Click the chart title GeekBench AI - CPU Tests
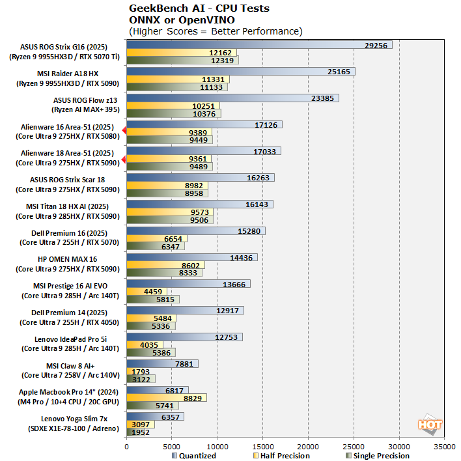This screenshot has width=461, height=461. point(199,8)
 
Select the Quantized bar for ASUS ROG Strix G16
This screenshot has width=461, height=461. point(259,46)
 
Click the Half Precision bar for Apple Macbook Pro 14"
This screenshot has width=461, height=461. point(167,397)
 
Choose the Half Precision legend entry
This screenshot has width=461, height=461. point(282,456)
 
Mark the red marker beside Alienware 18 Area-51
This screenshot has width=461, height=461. point(124,158)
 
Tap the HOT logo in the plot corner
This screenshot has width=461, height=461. point(430,424)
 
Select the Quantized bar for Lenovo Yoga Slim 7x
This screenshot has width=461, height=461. point(155,416)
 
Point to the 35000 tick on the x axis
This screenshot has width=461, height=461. point(445,447)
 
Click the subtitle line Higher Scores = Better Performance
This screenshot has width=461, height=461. point(216,31)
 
